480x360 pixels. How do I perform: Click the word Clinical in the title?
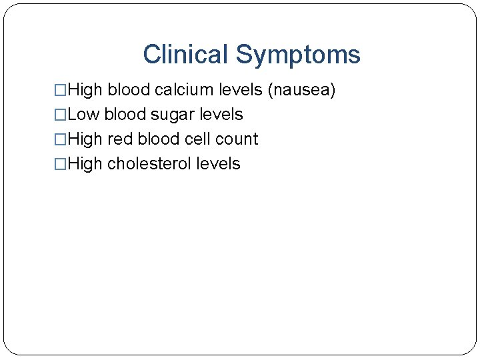[x=185, y=55]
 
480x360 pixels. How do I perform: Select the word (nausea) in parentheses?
[x=301, y=90]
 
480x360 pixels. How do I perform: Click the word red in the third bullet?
[x=120, y=139]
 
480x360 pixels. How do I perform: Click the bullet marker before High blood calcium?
[x=60, y=90]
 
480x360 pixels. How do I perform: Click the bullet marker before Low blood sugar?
[x=60, y=115]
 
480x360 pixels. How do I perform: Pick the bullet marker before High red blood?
[x=60, y=139]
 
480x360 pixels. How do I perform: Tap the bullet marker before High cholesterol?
[x=60, y=164]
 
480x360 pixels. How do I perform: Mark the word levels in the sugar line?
[x=223, y=115]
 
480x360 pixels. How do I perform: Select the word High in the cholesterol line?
[x=85, y=164]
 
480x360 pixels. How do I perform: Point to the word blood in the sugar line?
[x=125, y=115]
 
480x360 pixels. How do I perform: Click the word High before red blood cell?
[x=85, y=139]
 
